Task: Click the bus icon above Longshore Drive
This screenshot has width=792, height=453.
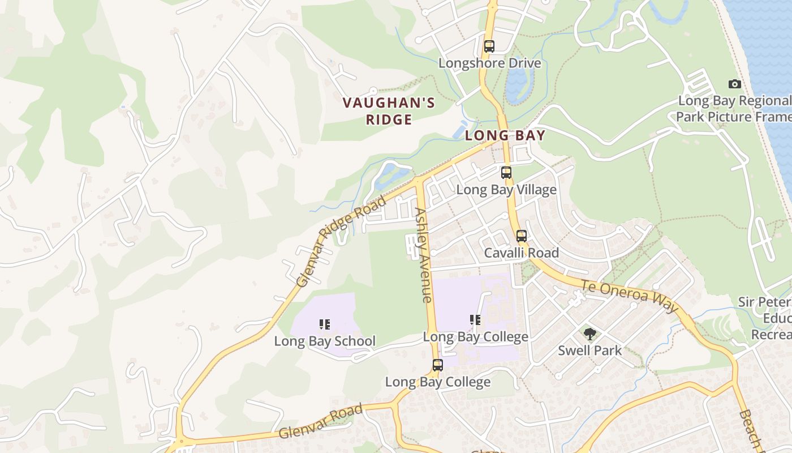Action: coord(489,46)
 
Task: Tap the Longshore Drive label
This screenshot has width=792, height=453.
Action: coord(490,63)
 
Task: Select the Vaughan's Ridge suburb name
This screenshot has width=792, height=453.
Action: coord(389,111)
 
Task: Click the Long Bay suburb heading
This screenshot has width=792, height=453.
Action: coord(505,135)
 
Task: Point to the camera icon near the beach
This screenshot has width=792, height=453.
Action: coord(735,84)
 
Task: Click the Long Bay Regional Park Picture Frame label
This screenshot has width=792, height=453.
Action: coord(734,109)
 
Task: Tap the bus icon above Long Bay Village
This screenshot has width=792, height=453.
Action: coord(506,173)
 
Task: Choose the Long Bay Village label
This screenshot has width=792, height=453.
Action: coord(506,190)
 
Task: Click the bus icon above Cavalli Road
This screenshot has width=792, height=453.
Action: coord(522,236)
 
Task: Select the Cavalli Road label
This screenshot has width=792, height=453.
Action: coord(522,253)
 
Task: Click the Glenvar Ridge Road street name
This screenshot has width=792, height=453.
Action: coord(341,241)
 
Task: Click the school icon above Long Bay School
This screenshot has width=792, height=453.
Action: coord(325,324)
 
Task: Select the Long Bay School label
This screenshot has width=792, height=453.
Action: coord(325,341)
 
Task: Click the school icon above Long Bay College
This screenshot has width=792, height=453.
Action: coord(475,320)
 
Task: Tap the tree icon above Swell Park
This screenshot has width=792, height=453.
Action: coord(590,334)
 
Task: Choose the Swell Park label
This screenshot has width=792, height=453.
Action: coord(590,351)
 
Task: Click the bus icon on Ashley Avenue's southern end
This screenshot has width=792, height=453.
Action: coord(437,365)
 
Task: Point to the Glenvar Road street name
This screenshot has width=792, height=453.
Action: coord(321,422)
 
